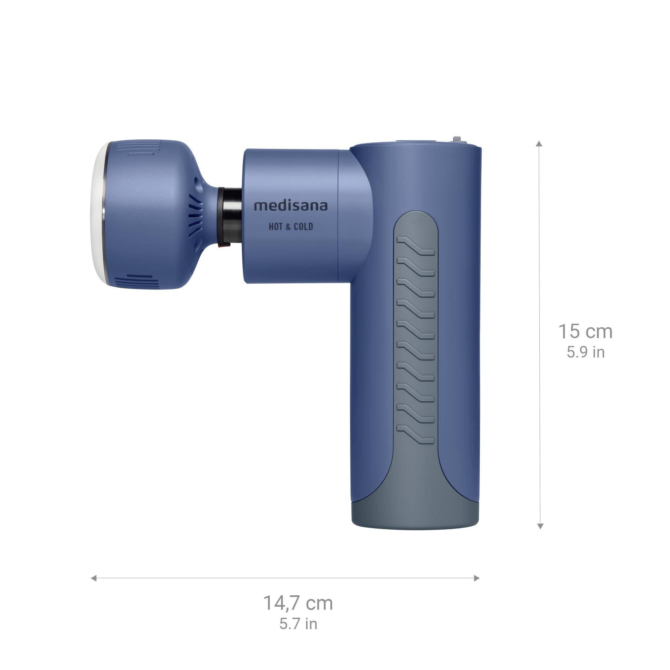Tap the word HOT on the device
[276, 227]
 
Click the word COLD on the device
[304, 227]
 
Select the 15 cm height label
[585, 332]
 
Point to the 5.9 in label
[586, 352]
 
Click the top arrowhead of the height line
[539, 144]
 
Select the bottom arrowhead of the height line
[540, 526]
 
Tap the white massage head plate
[99, 215]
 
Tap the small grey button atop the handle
[457, 139]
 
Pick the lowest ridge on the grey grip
[415, 434]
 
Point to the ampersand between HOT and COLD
[288, 227]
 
